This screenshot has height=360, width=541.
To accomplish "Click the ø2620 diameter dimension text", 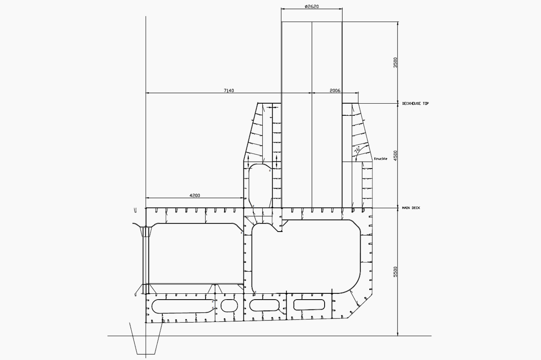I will click(312, 7).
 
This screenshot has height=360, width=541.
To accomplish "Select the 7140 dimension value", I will click(229, 91).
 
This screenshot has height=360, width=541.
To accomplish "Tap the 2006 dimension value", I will click(335, 91).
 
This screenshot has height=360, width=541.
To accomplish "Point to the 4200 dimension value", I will click(195, 196).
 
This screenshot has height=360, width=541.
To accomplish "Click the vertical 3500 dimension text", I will click(395, 62).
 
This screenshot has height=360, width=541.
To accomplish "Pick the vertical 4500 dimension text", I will click(395, 155).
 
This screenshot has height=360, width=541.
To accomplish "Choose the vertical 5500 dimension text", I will click(395, 272).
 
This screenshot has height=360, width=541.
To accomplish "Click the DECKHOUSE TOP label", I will click(415, 104).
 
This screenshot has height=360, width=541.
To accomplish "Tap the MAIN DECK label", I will click(411, 208).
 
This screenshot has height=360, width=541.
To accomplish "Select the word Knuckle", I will click(381, 159).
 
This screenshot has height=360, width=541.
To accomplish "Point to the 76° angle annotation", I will click(358, 150).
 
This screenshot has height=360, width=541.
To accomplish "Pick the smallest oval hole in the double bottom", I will click(229, 305).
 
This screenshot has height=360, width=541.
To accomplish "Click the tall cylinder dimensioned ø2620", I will click(312, 113).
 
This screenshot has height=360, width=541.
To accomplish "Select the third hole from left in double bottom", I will click(265, 305).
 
